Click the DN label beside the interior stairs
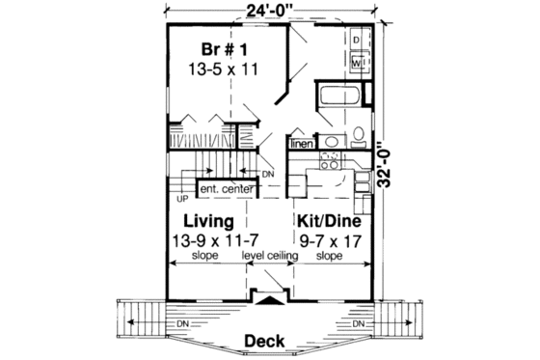click(267, 175)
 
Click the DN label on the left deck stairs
click(182, 321)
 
